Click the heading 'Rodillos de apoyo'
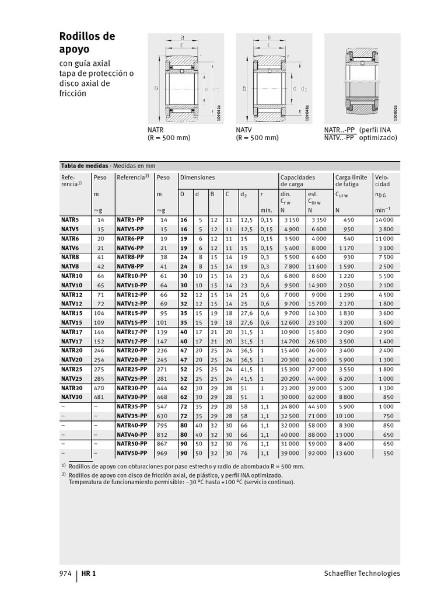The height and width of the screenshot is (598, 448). click(x=87, y=43)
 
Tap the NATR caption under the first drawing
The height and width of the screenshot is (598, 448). click(x=156, y=130)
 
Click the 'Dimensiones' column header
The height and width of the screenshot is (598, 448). click(x=197, y=178)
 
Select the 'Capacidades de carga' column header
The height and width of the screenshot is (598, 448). click(x=297, y=180)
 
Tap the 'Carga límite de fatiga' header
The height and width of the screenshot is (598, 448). click(x=351, y=180)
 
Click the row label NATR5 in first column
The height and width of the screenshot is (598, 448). click(x=69, y=220)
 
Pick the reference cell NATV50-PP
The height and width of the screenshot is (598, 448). click(x=131, y=453)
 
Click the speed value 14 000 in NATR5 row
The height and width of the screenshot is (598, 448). click(x=384, y=220)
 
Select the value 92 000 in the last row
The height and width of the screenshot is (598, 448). click(x=317, y=453)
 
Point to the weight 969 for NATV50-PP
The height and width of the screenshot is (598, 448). click(x=161, y=453)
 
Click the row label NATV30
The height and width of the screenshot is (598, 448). click(x=72, y=397)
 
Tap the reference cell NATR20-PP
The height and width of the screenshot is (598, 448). click(x=131, y=350)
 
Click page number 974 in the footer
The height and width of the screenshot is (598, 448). click(x=65, y=573)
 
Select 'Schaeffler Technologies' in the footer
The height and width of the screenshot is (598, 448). click(x=362, y=573)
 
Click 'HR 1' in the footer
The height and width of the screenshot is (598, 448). click(x=89, y=573)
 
